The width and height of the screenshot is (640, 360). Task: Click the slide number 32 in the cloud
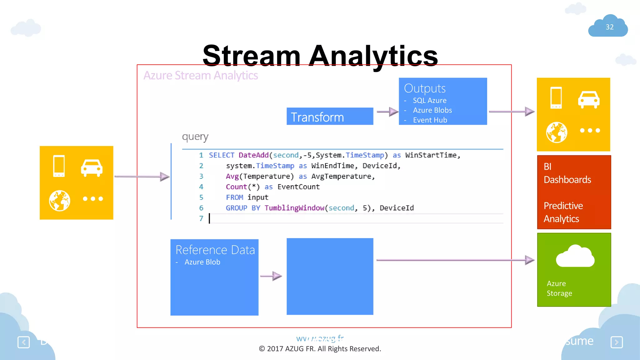609,27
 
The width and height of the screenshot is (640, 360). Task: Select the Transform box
330,117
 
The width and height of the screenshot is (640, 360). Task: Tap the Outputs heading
425,88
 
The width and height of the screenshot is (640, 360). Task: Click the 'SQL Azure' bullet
429,101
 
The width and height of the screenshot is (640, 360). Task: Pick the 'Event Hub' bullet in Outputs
430,120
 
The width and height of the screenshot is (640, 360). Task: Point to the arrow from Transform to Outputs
387,112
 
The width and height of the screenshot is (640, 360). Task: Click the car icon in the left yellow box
92,168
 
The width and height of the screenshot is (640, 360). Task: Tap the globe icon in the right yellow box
557,132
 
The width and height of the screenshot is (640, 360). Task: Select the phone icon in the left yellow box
59,166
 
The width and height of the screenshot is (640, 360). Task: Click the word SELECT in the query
222,155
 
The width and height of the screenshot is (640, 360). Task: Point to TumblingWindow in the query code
294,208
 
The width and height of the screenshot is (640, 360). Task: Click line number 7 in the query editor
201,219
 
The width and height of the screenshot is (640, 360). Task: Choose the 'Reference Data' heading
215,250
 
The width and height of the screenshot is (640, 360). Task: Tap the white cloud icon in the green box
575,256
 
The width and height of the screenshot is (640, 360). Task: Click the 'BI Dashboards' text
567,173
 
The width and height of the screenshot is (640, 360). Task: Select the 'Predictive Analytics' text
563,212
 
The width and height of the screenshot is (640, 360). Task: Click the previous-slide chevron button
24,342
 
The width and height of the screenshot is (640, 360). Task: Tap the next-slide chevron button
617,342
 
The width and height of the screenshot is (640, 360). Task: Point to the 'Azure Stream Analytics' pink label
201,76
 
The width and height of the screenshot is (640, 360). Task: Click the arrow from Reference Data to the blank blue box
271,276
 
